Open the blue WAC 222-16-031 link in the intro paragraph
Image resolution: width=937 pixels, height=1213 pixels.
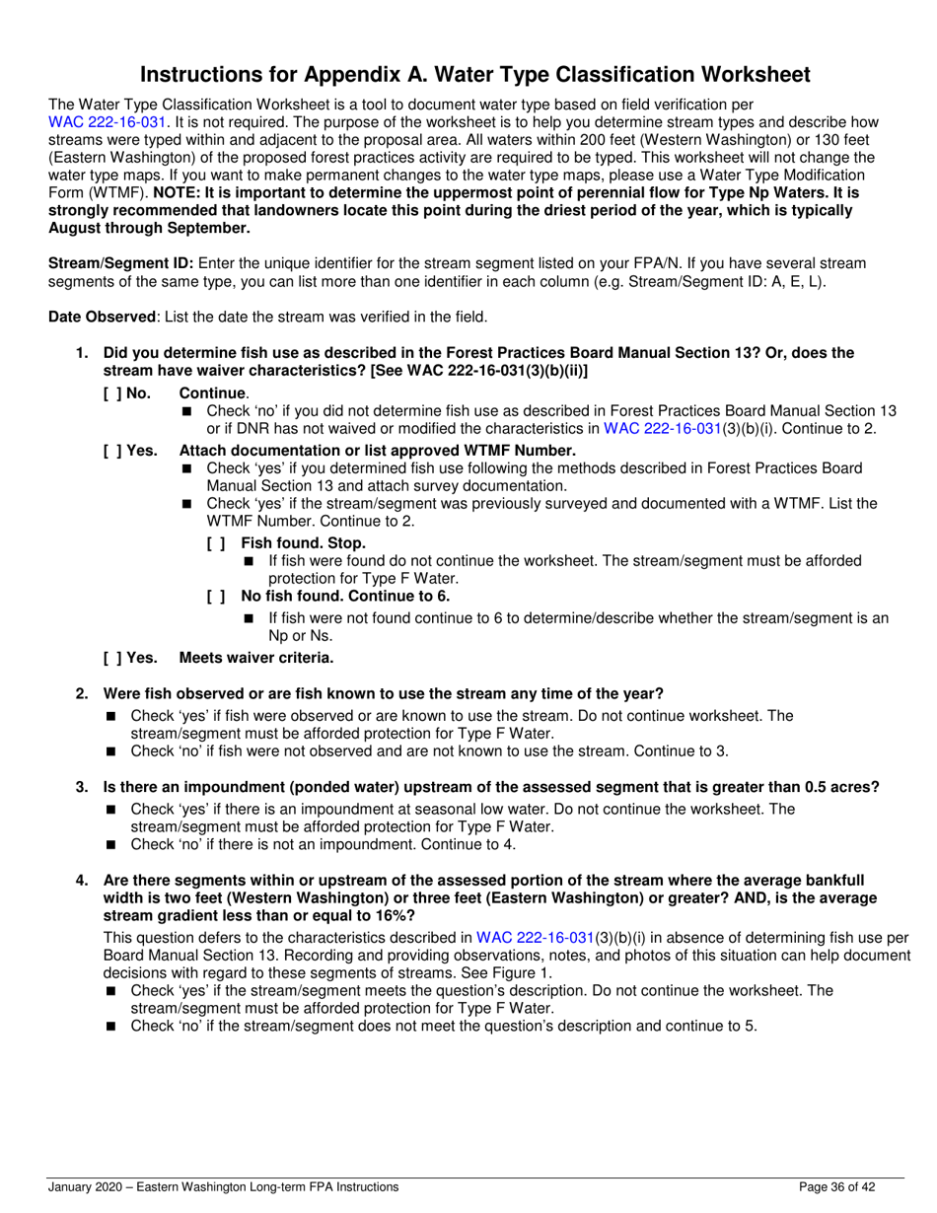click(x=108, y=123)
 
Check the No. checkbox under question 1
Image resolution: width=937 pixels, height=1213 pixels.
click(x=111, y=392)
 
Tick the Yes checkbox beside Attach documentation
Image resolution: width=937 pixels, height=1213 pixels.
click(x=111, y=451)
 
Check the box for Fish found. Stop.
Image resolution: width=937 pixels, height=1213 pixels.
click(x=216, y=543)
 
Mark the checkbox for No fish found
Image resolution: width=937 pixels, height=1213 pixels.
click(x=216, y=596)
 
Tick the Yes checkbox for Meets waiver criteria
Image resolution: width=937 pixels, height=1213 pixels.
click(x=111, y=658)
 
